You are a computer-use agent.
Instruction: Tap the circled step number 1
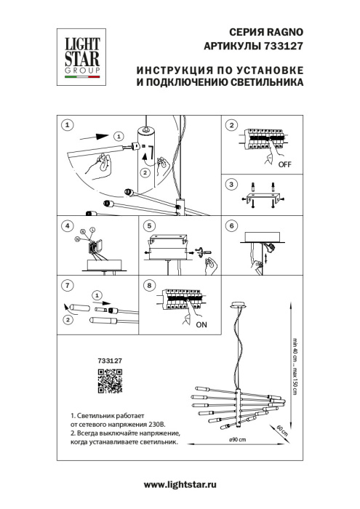click(67, 125)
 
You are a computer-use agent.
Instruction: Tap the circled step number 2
click(232, 125)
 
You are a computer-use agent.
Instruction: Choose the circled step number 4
click(67, 226)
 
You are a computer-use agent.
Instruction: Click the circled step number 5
click(150, 226)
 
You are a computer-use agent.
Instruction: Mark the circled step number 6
click(232, 226)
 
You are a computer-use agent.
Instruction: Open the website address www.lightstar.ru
click(180, 484)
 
